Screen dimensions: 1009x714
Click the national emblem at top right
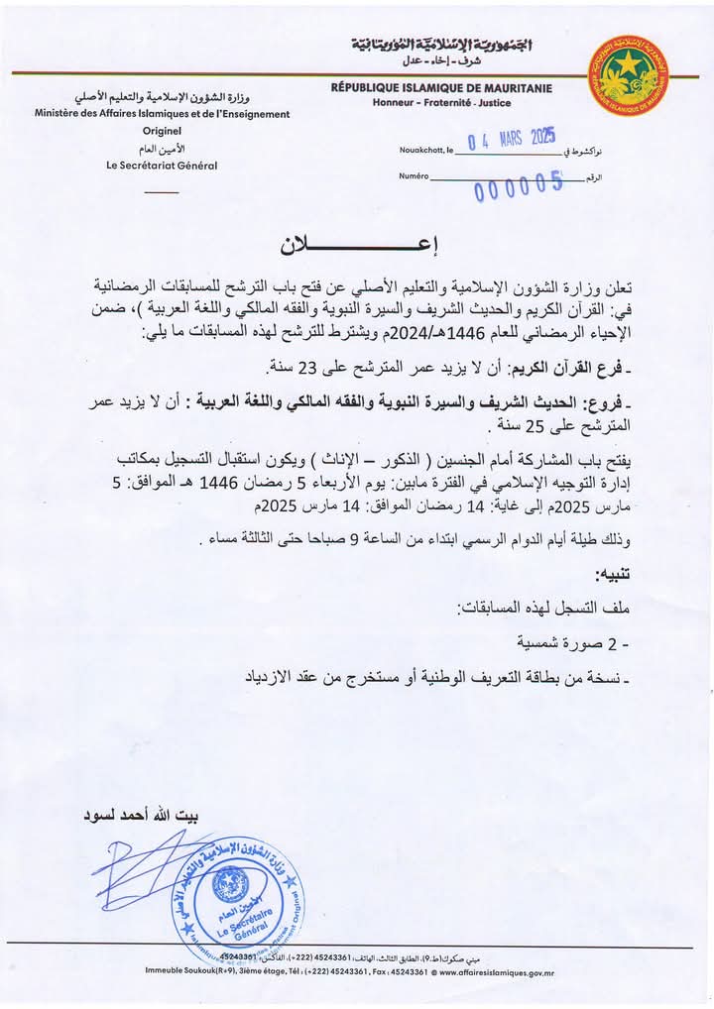click(x=628, y=75)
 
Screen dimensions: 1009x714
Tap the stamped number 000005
click(x=518, y=183)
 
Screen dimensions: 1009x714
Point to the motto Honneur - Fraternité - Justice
click(x=443, y=103)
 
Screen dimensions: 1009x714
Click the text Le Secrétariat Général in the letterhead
click(x=162, y=166)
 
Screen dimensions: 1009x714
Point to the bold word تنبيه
click(x=616, y=575)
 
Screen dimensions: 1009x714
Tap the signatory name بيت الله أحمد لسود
click(x=146, y=818)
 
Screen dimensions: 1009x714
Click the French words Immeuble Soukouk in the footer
click(x=184, y=972)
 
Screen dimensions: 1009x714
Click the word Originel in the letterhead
click(x=162, y=130)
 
